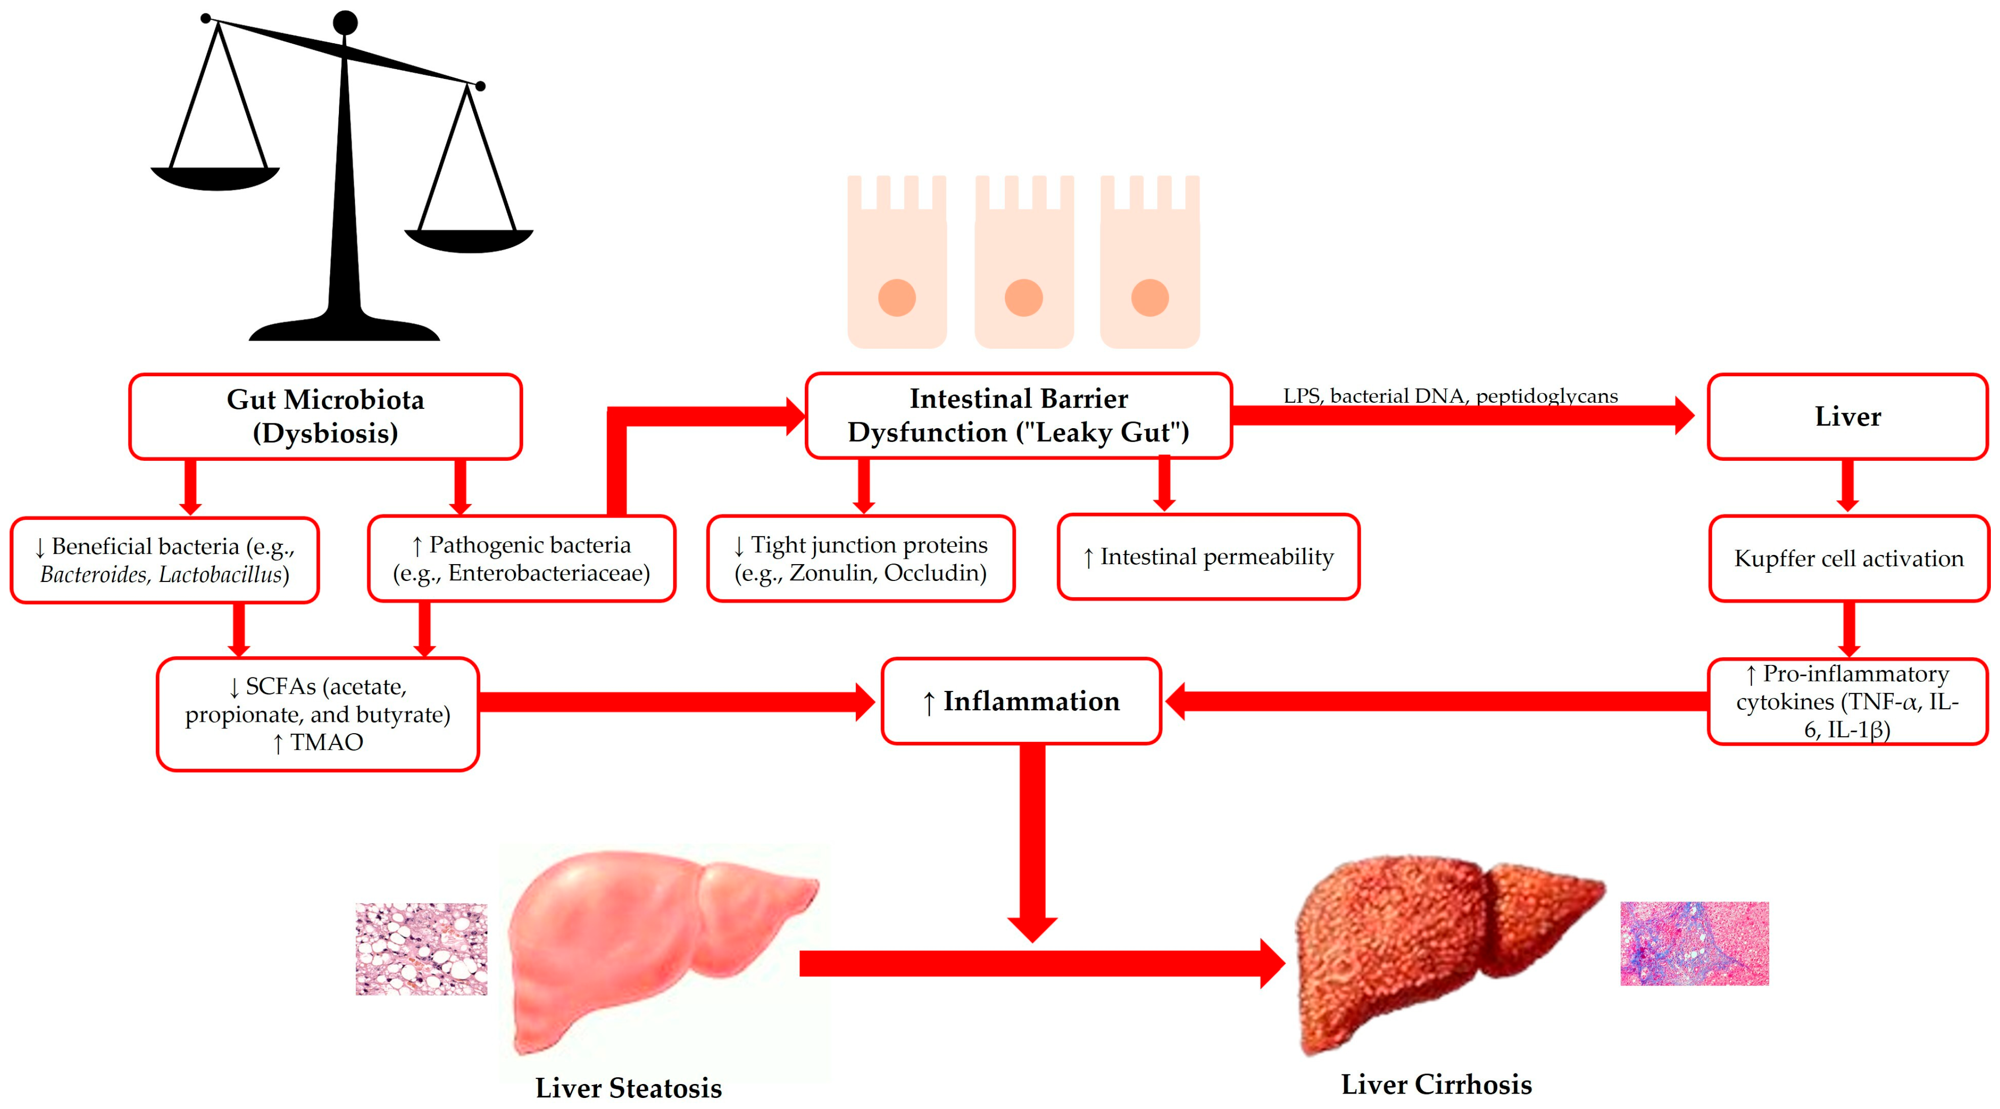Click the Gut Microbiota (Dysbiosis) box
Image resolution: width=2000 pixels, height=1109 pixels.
(325, 417)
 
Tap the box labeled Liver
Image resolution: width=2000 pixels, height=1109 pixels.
(1847, 417)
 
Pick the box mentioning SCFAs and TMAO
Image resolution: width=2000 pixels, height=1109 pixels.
(317, 714)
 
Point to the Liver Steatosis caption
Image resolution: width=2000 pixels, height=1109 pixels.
(628, 1087)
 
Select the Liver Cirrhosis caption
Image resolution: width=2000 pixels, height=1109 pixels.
(1437, 1084)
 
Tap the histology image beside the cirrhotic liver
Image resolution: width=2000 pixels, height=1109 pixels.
(1694, 944)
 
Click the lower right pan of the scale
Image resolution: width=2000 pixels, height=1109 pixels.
(469, 241)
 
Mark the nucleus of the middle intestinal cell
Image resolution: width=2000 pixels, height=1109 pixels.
(1023, 298)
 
